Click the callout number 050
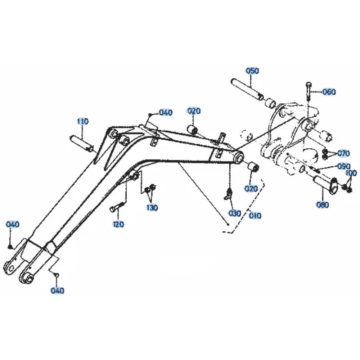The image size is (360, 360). tap(252, 71)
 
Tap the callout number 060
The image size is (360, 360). tap(329, 92)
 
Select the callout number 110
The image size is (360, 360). tap(82, 121)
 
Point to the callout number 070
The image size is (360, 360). tap(343, 153)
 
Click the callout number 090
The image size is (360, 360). tap(343, 166)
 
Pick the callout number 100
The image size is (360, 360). tap(351, 173)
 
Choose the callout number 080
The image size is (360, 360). tap(323, 204)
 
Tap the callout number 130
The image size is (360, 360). tap(152, 208)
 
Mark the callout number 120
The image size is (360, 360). tap(118, 224)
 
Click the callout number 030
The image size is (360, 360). tap(235, 213)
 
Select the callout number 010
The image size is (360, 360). tap(255, 216)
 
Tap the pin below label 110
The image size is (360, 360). tap(82, 144)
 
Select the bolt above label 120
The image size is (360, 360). tap(118, 206)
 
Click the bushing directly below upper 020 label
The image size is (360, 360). tap(193, 130)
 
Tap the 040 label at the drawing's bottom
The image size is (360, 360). tap(57, 291)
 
